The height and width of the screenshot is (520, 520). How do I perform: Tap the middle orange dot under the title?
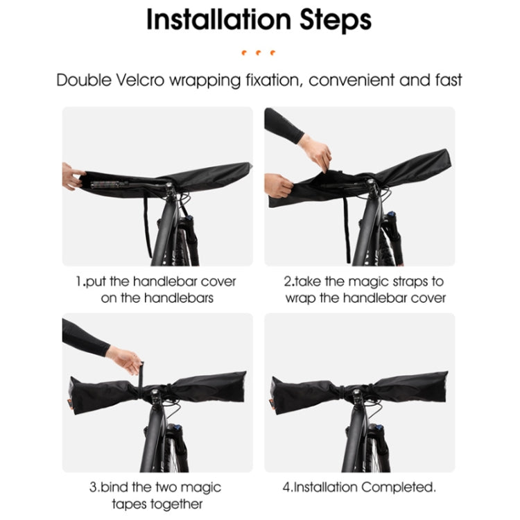[x=259, y=52]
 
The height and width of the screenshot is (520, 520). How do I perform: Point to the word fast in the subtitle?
[x=444, y=79]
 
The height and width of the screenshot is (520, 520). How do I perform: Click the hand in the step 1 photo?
[x=71, y=177]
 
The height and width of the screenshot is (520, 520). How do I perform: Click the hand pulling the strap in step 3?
[x=125, y=359]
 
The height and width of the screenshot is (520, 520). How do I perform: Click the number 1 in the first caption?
[x=79, y=282]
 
